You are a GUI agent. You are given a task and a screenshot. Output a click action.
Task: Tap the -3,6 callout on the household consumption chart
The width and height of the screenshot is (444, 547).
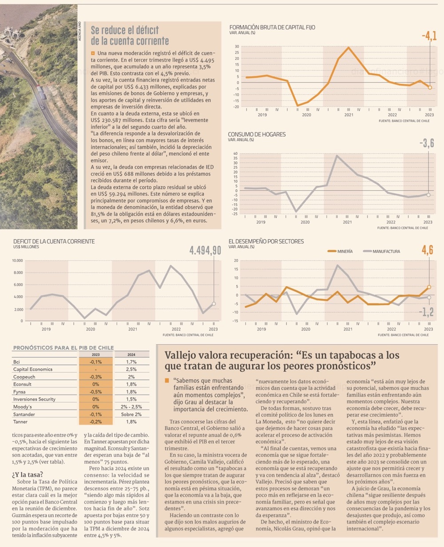point(427,143)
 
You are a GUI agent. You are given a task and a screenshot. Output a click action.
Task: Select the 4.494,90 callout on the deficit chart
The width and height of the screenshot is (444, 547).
point(205,251)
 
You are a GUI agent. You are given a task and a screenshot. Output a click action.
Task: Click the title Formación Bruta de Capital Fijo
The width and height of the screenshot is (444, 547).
point(272,28)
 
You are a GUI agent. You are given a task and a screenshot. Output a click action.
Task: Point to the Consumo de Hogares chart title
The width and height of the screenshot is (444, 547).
point(257,134)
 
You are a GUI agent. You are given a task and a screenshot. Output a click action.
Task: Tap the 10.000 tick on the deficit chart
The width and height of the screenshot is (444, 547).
point(17,261)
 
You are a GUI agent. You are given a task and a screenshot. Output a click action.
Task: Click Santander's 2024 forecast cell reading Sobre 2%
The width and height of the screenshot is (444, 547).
point(131,414)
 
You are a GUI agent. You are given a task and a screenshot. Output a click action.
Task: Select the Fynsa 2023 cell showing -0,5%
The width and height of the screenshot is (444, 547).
point(95,392)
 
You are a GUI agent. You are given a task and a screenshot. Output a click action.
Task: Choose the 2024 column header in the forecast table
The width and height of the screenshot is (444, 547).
point(131,355)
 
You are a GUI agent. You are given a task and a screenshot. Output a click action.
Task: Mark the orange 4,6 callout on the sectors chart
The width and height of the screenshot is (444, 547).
point(427,250)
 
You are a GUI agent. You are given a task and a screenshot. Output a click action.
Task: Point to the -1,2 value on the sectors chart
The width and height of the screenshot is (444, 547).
point(426,312)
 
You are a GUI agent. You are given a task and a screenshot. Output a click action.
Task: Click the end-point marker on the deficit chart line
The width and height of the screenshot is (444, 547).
point(214,304)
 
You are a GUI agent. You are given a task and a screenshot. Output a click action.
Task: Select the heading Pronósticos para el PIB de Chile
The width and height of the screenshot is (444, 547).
point(63,348)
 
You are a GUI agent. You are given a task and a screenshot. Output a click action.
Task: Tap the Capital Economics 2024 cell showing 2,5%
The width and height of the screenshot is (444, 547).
point(131,369)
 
